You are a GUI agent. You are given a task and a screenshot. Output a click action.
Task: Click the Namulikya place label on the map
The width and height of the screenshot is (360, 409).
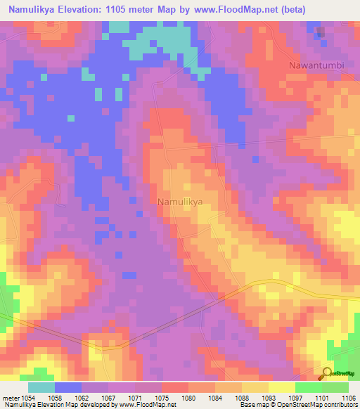coord(179,201)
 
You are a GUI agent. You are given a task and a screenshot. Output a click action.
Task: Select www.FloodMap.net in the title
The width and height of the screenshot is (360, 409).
coord(253,8)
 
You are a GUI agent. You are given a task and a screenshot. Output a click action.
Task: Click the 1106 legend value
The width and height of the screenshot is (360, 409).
coord(348,398)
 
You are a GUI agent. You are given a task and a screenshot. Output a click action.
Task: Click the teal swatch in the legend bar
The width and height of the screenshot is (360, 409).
coord(41,387)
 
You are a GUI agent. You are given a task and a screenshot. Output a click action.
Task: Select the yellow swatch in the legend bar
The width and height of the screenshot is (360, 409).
coord(282,387)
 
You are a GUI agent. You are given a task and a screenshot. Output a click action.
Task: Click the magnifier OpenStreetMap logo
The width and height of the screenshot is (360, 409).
coord(327,373)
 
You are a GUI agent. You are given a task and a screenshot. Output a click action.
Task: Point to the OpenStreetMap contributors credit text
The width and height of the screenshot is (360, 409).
coord(321,405)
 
